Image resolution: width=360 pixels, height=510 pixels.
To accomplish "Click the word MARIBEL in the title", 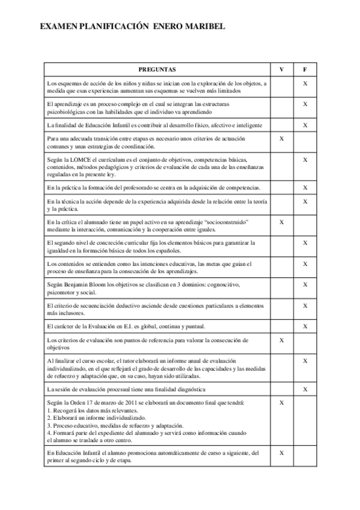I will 204,28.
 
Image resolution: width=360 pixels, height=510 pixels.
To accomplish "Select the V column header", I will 282,69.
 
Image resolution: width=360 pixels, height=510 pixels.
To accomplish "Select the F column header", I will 305,69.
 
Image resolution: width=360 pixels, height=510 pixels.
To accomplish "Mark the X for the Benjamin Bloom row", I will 305,284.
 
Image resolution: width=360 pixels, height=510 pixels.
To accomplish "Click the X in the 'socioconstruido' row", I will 282,222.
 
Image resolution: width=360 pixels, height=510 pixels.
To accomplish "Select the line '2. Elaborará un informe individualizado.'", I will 96,417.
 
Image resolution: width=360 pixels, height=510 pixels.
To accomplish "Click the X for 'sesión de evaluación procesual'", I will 305,389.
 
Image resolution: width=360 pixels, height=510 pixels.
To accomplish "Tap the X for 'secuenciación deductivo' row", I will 305,306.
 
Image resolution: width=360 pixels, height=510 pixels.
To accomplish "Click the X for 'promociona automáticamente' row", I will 282,452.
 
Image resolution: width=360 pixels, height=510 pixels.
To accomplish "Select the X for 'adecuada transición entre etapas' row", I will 282,139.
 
